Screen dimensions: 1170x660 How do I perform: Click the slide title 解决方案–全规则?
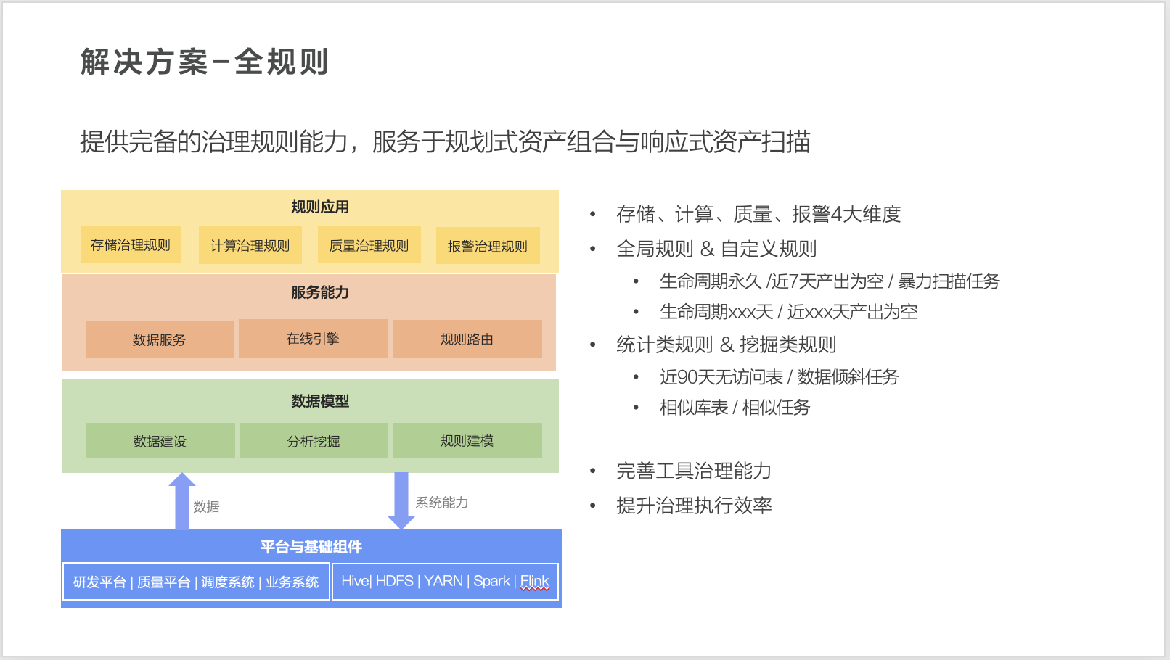point(204,62)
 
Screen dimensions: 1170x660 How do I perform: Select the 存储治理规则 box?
point(131,245)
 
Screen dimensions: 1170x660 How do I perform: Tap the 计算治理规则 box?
point(250,246)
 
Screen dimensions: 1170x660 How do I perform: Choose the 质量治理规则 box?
point(369,246)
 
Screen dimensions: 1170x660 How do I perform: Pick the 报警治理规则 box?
point(487,247)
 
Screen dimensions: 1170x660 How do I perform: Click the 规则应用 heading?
point(320,207)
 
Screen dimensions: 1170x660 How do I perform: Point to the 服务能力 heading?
point(320,292)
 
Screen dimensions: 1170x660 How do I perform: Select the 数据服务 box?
point(159,339)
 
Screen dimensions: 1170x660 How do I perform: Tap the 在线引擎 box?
point(313,339)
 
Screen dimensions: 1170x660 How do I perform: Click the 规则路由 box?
point(467,339)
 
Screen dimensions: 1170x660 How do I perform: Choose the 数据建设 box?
point(160,441)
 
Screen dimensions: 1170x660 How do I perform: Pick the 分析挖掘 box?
point(314,441)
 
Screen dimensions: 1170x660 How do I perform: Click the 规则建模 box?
point(467,440)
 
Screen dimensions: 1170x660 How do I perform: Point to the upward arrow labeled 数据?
point(182,500)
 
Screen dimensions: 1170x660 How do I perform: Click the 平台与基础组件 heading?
point(311,547)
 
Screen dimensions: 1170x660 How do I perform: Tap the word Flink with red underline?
point(534,582)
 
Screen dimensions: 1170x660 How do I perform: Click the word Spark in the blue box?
point(491,582)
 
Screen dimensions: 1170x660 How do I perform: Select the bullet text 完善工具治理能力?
point(693,471)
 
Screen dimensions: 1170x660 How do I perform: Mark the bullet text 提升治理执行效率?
point(694,506)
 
